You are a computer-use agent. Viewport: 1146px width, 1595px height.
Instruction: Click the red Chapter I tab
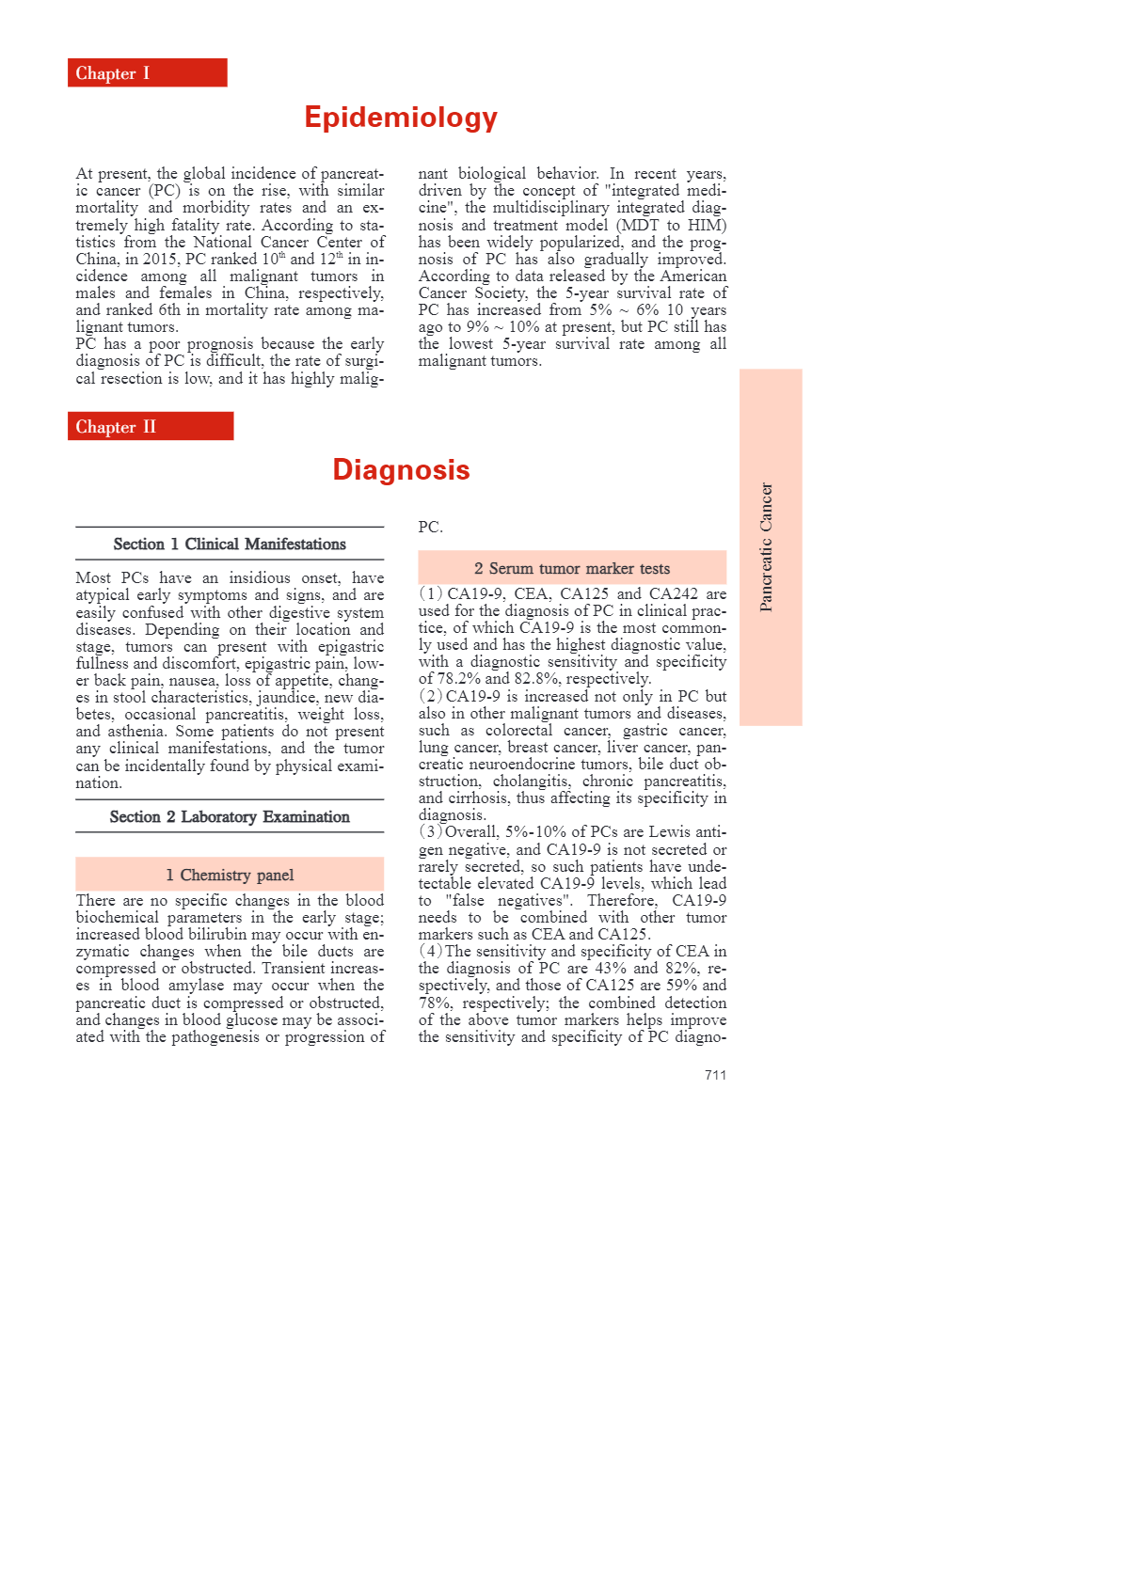[147, 73]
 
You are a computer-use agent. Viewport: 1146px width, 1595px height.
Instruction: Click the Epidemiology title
[401, 118]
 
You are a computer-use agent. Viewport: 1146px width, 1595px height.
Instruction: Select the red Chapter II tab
[151, 427]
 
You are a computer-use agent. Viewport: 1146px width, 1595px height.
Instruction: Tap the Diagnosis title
[401, 470]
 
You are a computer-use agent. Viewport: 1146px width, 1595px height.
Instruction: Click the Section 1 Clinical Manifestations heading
[230, 545]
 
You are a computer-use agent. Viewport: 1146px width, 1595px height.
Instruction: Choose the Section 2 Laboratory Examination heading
[230, 817]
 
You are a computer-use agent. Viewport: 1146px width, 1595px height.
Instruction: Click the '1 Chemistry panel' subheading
[230, 876]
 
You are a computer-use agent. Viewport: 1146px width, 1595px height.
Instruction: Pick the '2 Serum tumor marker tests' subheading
[572, 569]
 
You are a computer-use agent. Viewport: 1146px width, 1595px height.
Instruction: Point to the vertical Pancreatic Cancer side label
[767, 547]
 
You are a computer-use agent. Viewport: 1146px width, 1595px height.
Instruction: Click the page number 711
[715, 1075]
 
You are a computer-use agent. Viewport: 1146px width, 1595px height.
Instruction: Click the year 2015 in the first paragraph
[160, 260]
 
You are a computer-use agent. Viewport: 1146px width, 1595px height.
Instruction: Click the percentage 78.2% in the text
[459, 679]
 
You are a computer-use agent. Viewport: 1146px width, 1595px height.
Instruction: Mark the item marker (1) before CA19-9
[431, 594]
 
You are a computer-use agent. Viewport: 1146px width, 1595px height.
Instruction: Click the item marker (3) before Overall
[431, 832]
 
